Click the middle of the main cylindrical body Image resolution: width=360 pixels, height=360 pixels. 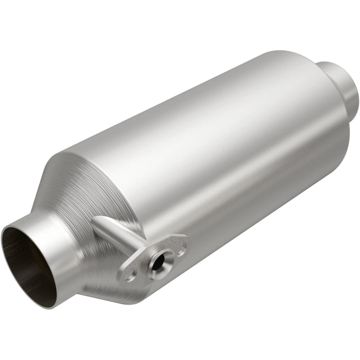tap(210, 150)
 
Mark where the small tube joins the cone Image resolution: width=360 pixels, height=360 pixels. tap(97, 222)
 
